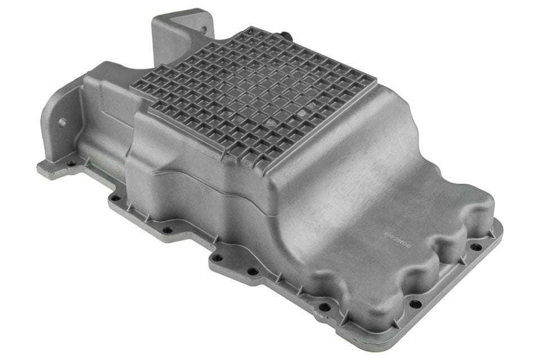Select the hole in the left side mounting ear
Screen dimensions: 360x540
pos(62,121)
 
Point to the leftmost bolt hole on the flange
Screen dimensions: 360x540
pos(71,164)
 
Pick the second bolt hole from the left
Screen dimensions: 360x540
pos(115,198)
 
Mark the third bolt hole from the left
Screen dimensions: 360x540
pos(167,229)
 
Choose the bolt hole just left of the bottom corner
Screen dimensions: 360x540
pos(323,308)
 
